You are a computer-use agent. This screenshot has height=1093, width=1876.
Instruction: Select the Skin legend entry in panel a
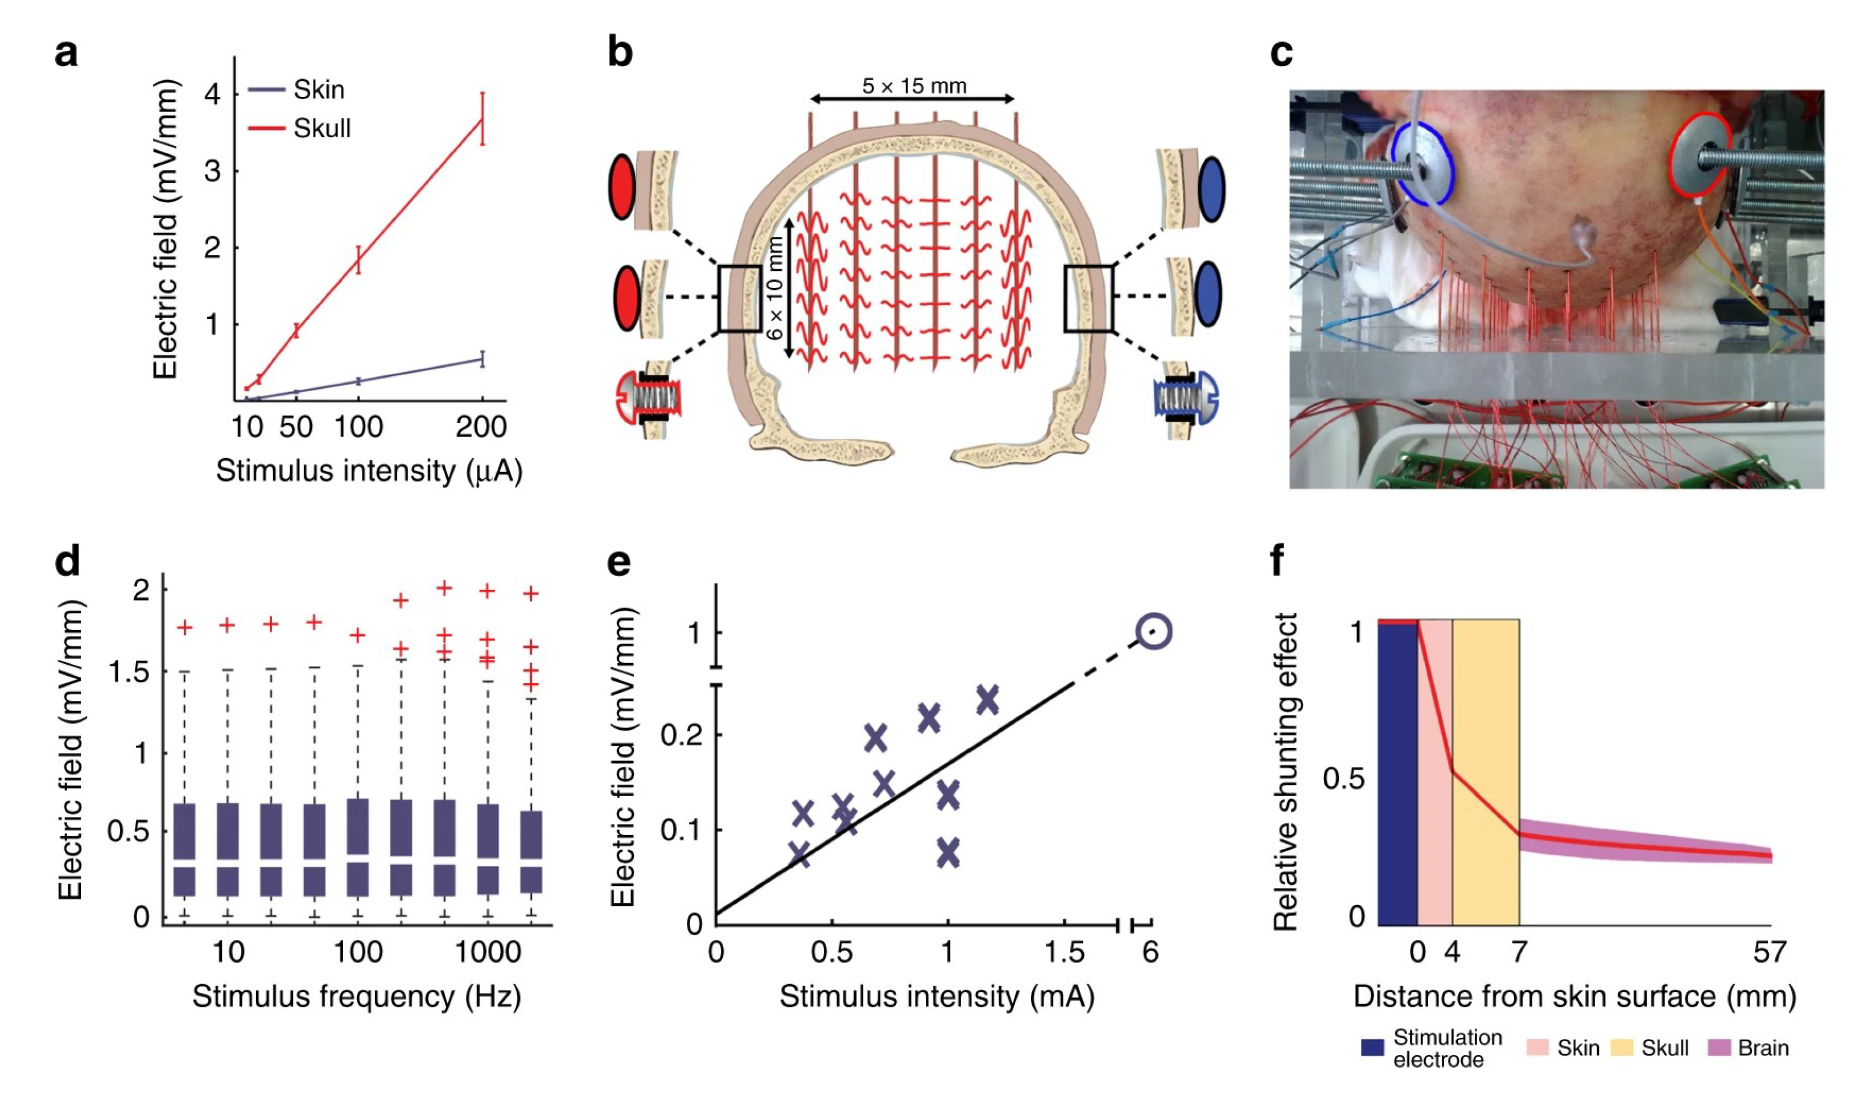coord(319,89)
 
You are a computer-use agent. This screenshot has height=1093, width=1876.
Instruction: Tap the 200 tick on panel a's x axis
coord(481,426)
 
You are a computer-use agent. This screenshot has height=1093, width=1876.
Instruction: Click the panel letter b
coord(620,52)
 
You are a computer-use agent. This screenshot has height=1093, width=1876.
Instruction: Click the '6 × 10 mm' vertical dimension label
coord(775,288)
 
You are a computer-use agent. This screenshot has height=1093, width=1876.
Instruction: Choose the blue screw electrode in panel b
coord(1185,397)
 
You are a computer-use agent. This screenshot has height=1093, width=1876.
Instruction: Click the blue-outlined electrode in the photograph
coord(1422,164)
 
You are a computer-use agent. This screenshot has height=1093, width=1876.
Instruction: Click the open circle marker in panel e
coord(1154,631)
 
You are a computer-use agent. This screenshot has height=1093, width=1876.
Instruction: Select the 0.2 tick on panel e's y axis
coord(681,735)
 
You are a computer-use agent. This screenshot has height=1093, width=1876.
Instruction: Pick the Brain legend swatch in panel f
coord(1719,1047)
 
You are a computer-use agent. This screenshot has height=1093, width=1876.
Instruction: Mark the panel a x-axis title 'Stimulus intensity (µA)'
coord(369,471)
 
